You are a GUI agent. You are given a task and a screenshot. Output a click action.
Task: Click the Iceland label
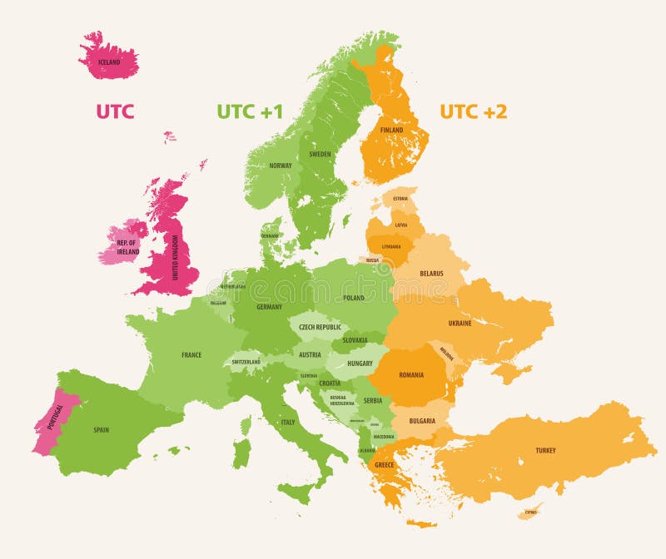pos(109,62)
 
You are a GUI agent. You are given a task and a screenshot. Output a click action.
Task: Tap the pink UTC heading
pos(115,111)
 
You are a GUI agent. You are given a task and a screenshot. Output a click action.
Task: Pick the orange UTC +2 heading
pos(473,111)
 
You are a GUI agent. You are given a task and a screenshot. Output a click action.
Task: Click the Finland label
pos(391,131)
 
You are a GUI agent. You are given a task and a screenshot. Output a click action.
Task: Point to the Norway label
pos(281,166)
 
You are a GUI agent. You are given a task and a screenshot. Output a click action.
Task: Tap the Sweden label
pos(320,154)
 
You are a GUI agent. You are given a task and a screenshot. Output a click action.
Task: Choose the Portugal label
pos(56,422)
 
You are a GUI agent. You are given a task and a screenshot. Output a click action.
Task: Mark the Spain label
pos(101,430)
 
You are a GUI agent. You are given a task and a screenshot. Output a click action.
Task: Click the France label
pos(191,355)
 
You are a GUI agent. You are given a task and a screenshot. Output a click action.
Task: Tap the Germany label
pos(269,307)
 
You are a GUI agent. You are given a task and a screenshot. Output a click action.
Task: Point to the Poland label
pos(354,297)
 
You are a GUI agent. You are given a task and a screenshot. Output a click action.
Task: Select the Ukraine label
pos(460,323)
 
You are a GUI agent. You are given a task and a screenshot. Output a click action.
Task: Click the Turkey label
pos(545,451)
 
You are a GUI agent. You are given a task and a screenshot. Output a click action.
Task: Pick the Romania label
pos(412,375)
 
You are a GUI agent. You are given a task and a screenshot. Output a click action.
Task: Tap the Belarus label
pos(431,273)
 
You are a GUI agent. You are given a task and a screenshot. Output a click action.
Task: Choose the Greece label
pos(384,465)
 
